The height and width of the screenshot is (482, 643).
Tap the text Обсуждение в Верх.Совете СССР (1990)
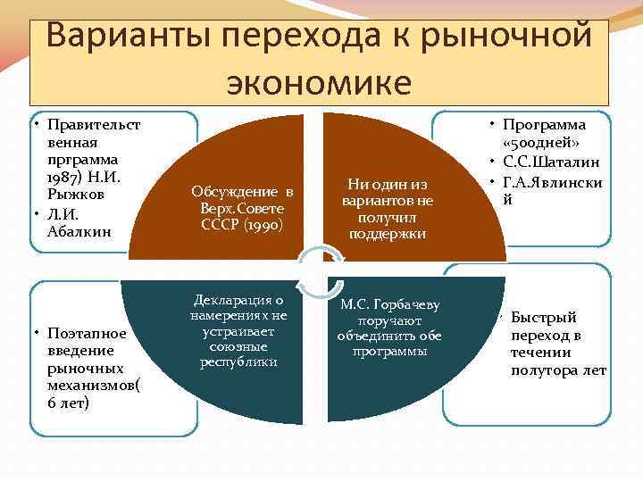pos(241,208)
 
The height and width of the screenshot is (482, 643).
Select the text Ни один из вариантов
pos(387,192)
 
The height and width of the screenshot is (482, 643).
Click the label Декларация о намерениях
pos(241,308)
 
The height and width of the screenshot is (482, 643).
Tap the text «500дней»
pos(544,143)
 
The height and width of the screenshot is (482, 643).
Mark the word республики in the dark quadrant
pos(240,361)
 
